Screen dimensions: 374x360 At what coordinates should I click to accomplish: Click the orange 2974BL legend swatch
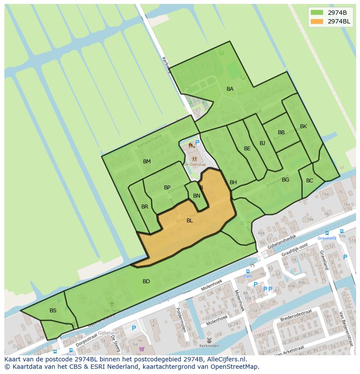click(317, 21)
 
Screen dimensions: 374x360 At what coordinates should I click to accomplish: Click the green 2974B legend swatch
click(317, 13)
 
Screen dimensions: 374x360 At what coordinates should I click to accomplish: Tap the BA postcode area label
click(230, 89)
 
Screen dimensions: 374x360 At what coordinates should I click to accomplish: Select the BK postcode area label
click(303, 126)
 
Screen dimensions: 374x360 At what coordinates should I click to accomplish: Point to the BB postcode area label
click(281, 132)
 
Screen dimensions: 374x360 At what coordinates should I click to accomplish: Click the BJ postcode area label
click(262, 143)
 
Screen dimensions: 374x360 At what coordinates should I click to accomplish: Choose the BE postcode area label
click(247, 149)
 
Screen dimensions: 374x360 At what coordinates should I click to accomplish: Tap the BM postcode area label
click(147, 162)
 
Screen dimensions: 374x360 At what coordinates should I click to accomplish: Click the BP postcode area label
click(167, 188)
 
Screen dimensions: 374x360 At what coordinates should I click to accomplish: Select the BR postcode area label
click(145, 207)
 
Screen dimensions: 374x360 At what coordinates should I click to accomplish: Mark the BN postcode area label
click(197, 196)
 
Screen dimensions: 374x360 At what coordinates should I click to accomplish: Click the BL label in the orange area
click(190, 221)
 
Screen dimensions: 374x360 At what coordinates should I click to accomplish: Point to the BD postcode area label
click(146, 281)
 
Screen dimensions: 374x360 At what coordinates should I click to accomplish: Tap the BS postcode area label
click(53, 311)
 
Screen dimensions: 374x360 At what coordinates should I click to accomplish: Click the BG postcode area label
click(285, 180)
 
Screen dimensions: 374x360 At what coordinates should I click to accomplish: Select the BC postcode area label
click(310, 181)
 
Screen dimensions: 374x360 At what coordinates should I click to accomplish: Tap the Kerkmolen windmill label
click(209, 346)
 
